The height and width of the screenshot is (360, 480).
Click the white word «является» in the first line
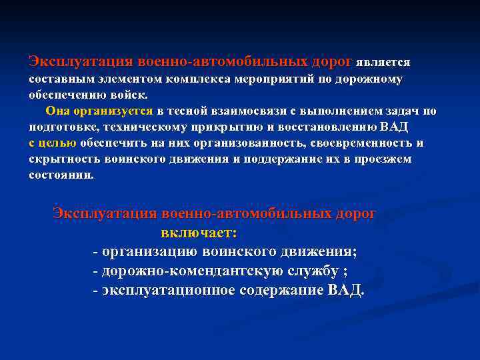tap(383, 63)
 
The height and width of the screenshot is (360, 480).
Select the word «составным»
tap(59, 79)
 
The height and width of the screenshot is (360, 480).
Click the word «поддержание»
tap(281, 159)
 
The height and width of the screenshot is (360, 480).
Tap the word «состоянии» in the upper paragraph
tap(61, 175)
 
